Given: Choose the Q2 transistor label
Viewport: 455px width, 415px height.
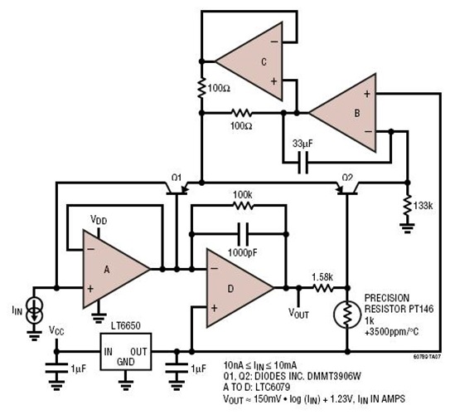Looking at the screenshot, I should [347, 177].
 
